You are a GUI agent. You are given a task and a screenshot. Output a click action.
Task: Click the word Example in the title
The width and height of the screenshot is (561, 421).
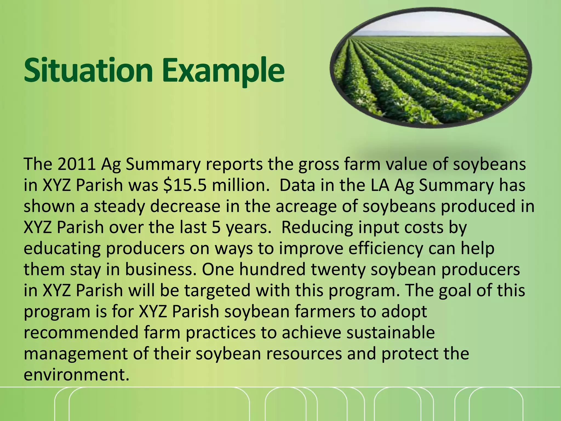pyautogui.click(x=223, y=71)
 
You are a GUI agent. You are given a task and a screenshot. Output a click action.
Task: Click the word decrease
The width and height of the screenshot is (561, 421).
pyautogui.click(x=185, y=206)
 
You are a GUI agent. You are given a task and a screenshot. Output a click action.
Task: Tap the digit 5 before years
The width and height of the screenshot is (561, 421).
pyautogui.click(x=216, y=227)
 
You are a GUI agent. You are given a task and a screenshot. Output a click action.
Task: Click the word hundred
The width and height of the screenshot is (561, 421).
pyautogui.click(x=272, y=269)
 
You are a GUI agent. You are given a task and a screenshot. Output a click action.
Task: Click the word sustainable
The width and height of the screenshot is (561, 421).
pyautogui.click(x=390, y=332)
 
